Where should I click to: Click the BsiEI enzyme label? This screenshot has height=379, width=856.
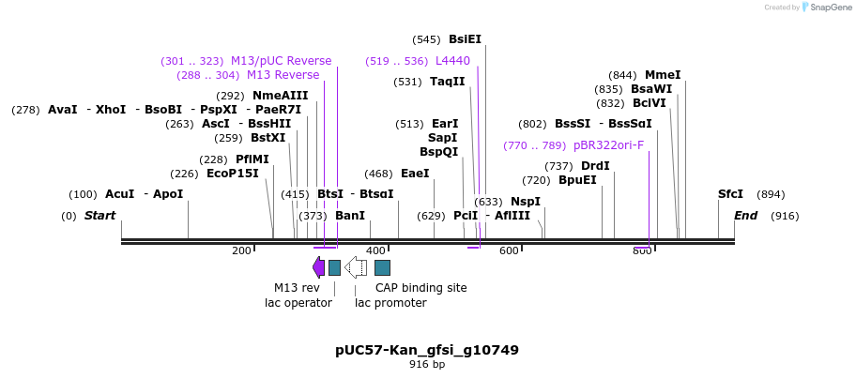click(x=465, y=39)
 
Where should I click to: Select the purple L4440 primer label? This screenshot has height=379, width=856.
click(x=452, y=61)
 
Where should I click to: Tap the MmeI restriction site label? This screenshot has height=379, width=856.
click(x=663, y=75)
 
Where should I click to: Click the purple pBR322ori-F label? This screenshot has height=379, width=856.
click(x=608, y=145)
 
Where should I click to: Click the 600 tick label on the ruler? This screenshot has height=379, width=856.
click(x=509, y=250)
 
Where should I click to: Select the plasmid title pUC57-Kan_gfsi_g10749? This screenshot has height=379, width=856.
click(x=427, y=350)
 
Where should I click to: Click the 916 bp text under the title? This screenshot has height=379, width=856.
click(x=427, y=364)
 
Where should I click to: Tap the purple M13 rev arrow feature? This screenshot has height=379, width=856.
click(x=319, y=267)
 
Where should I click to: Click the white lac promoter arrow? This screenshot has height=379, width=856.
click(x=356, y=267)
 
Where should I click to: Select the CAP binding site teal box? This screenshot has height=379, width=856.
click(x=382, y=267)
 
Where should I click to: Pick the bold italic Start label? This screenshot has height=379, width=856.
click(x=99, y=216)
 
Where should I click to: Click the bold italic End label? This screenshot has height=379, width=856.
click(x=745, y=216)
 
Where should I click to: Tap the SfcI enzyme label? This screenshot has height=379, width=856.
click(x=730, y=194)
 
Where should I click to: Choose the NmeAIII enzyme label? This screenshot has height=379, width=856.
click(x=280, y=96)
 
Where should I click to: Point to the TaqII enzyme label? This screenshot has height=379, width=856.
click(x=447, y=82)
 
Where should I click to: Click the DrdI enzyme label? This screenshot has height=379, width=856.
click(x=595, y=166)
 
